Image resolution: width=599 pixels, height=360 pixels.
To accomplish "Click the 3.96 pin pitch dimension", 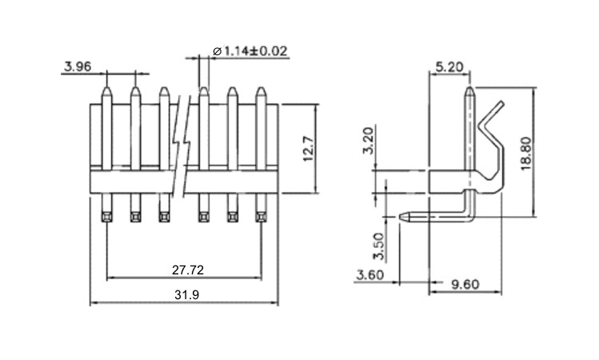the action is [78, 66].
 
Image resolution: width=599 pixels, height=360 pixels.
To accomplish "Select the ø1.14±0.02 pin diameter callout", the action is [250, 51].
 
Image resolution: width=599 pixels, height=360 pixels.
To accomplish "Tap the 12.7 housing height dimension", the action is [309, 149].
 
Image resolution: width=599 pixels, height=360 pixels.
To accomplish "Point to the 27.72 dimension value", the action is [188, 270].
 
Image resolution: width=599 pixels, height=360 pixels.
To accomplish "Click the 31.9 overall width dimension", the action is [187, 295].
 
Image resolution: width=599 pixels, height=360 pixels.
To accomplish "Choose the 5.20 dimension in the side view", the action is [449, 67].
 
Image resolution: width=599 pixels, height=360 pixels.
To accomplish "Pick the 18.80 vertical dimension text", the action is [526, 154].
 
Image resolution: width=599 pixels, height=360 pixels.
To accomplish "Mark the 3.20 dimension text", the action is [368, 140].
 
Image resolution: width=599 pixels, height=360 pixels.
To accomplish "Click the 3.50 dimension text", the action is [378, 246].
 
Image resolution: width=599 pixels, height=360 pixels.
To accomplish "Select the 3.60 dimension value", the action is [369, 274].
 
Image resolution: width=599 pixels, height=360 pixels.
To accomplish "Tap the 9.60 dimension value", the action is [465, 285].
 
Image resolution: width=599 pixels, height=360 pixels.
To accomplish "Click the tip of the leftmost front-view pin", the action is [107, 87].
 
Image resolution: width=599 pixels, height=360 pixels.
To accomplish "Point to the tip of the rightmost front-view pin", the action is [261, 87].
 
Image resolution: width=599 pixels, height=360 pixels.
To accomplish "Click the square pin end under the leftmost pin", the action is [107, 217].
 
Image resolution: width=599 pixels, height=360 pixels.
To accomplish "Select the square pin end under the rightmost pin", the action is [261, 217].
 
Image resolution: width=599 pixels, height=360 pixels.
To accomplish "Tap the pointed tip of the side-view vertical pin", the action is [470, 87].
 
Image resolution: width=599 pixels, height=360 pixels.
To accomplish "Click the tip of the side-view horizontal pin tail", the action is [401, 217].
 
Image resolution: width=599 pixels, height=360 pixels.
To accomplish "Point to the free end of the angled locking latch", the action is [501, 102].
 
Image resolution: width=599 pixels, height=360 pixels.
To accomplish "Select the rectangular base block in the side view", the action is [448, 182].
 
